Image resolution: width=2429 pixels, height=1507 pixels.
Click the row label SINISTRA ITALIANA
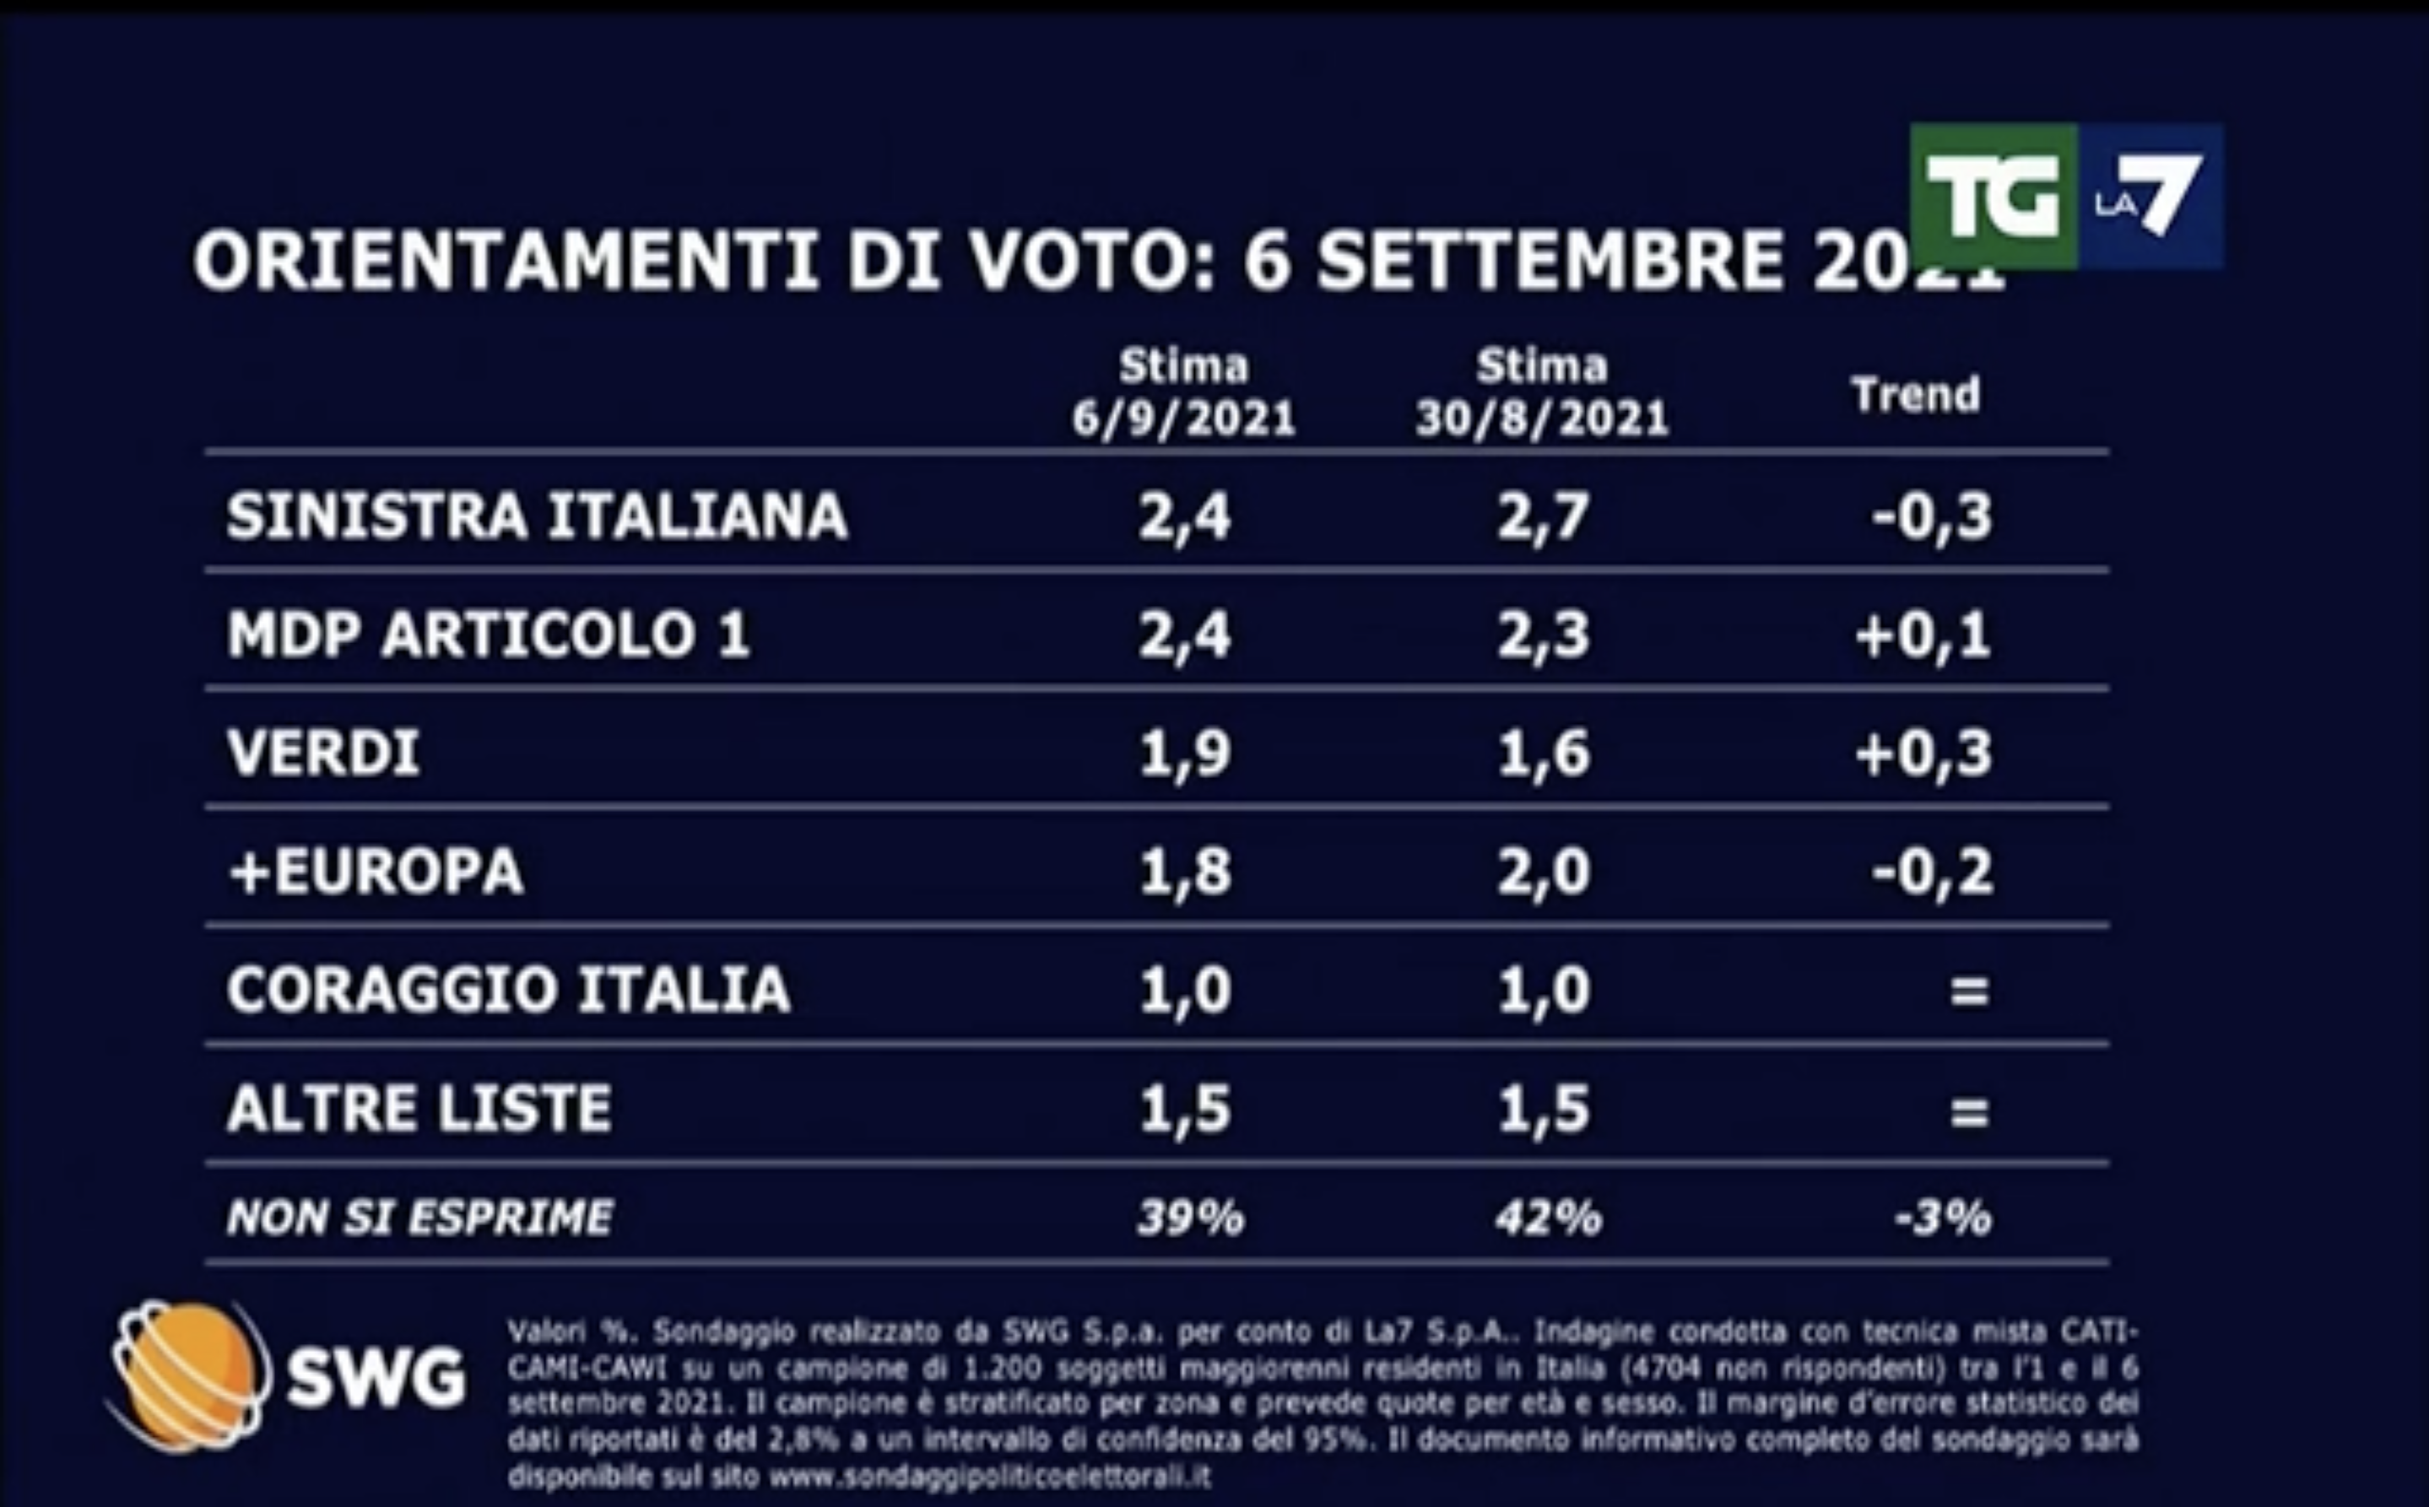click(536, 516)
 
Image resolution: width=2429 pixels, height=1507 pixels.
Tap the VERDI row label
click(323, 752)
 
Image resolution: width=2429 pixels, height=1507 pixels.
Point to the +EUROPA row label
click(376, 871)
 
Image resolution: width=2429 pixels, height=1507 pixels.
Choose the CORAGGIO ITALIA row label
click(508, 990)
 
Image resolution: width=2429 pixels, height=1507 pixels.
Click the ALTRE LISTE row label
click(419, 1109)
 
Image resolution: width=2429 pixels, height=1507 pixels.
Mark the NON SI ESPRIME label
click(419, 1217)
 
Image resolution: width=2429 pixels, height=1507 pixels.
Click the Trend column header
click(1915, 395)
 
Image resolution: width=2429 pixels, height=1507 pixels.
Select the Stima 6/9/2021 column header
click(1183, 392)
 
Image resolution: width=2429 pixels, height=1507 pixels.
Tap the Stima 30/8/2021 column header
click(1542, 392)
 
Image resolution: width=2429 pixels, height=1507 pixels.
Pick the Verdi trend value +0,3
click(1923, 753)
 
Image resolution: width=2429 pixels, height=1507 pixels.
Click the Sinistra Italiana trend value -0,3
click(1932, 516)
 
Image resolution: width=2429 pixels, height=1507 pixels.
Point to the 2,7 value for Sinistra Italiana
click(1542, 516)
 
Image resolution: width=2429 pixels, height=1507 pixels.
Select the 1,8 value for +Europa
click(1184, 871)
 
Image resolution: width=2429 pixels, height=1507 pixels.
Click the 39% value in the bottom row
click(1190, 1217)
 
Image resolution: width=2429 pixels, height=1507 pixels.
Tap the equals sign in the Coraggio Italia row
click(1968, 991)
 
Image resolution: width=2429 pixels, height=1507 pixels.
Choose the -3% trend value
click(1942, 1217)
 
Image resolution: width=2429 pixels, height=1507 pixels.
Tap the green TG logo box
click(1993, 197)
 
